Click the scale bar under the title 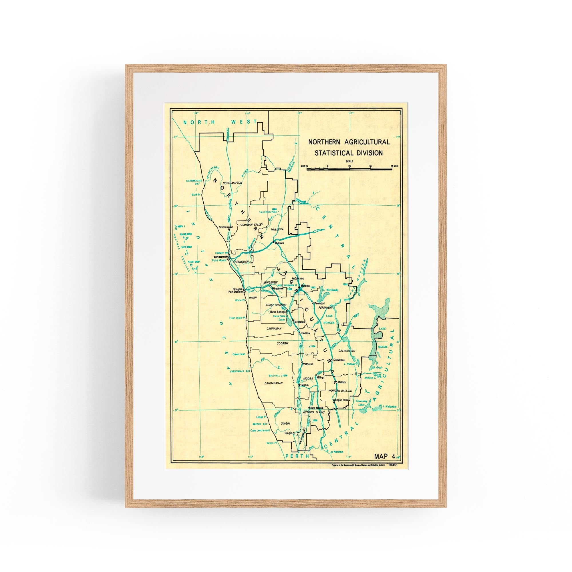349,168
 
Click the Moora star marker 299,385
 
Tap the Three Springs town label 277,312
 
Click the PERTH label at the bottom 297,456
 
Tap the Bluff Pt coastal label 196,195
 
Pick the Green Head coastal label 239,354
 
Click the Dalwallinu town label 339,360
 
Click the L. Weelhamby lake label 331,290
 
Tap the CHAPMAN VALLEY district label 251,225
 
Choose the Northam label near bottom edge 338,452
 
